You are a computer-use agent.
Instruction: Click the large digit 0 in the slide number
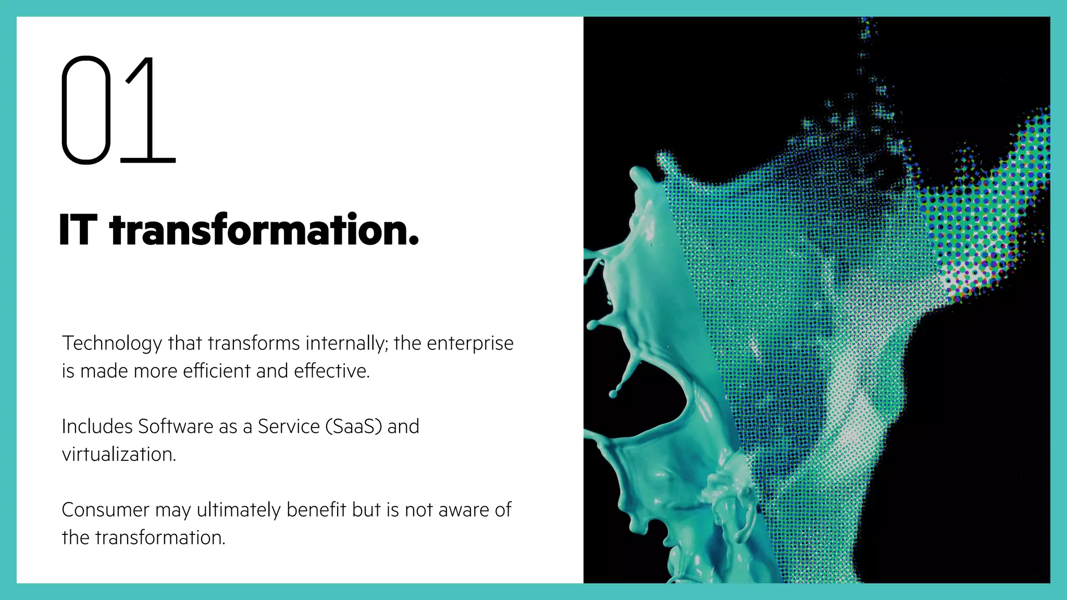[86, 110]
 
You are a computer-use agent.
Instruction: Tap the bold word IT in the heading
[78, 230]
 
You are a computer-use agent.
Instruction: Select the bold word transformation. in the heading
[264, 230]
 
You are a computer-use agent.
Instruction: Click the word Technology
[112, 344]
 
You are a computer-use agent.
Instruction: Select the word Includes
[97, 427]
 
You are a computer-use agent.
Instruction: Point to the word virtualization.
[119, 455]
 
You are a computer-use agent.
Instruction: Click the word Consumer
[105, 510]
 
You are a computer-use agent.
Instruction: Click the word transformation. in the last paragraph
[160, 538]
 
